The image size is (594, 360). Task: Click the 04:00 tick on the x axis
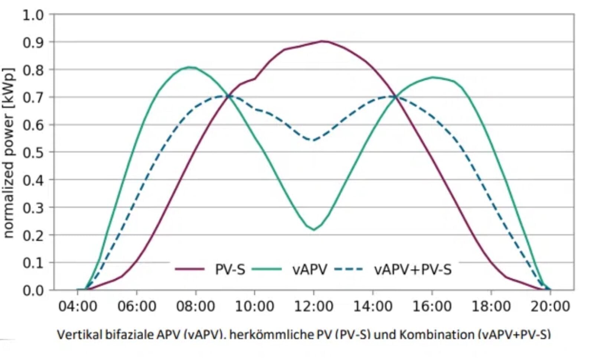tap(78, 307)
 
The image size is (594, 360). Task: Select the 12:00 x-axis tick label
tap(314, 307)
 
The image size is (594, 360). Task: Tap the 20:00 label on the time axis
tap(550, 307)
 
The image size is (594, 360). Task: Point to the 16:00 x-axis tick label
tap(432, 307)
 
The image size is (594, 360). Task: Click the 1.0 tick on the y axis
tap(33, 16)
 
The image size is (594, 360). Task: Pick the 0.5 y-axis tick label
tap(33, 152)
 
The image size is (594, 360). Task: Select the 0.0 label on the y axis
tap(33, 291)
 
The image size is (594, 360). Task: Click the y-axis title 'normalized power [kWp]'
tap(8, 153)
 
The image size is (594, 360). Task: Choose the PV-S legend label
tap(230, 269)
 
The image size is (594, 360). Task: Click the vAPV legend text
tap(310, 269)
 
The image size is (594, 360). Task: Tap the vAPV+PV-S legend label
tap(413, 269)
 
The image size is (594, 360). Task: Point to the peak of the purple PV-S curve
tap(322, 41)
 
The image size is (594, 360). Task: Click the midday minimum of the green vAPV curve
tap(314, 230)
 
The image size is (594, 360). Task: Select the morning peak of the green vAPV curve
tap(189, 67)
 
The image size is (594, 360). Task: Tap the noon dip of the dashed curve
tap(313, 140)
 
